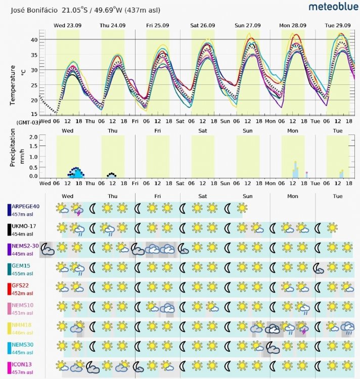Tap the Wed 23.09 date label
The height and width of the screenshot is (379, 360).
68,25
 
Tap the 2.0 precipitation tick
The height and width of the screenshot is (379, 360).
34,137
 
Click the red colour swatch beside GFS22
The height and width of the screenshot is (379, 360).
9,289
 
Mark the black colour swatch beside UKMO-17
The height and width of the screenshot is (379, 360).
9,229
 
